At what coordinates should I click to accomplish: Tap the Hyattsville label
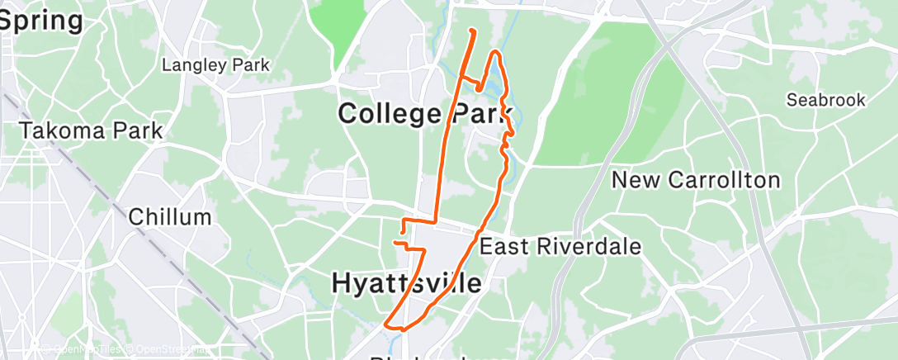pyautogui.click(x=406, y=283)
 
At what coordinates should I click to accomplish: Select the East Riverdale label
pyautogui.click(x=560, y=246)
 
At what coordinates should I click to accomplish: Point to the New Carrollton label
pyautogui.click(x=695, y=180)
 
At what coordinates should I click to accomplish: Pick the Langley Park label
pyautogui.click(x=216, y=64)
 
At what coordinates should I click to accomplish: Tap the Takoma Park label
pyautogui.click(x=91, y=130)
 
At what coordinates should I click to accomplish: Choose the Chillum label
pyautogui.click(x=170, y=217)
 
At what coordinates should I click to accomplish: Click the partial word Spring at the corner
pyautogui.click(x=41, y=21)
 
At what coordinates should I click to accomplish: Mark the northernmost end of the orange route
pyautogui.click(x=471, y=31)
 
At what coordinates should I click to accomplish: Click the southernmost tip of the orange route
pyautogui.click(x=402, y=329)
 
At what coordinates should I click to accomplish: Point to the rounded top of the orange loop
pyautogui.click(x=496, y=53)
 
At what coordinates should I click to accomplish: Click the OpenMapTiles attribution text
pyautogui.click(x=82, y=348)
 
